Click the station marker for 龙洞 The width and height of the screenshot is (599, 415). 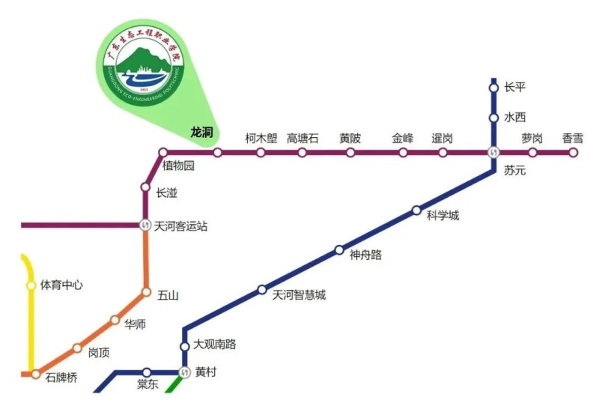[x=218, y=153]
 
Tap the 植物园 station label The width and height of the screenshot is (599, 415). [x=178, y=166]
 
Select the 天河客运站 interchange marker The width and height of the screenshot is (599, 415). [x=146, y=225]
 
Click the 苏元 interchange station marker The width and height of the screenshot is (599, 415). [x=493, y=153]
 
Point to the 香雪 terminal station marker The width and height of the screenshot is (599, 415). [x=574, y=153]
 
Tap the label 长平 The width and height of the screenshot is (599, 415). [x=515, y=88]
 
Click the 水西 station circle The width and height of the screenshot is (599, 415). [x=493, y=118]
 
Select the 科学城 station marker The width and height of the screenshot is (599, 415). [x=417, y=210]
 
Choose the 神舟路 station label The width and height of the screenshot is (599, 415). [x=365, y=255]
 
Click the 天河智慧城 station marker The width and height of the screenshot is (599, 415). [x=262, y=289]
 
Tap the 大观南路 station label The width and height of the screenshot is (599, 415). [x=215, y=345]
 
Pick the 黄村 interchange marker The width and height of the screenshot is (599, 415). [x=185, y=372]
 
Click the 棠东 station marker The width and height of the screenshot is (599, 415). [x=147, y=372]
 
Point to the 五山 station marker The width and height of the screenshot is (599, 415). [x=147, y=292]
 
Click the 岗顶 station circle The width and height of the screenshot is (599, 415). [x=77, y=348]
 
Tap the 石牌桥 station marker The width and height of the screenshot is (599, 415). [x=35, y=374]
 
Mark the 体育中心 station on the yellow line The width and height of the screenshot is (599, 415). [x=31, y=285]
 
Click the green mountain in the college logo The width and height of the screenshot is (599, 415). [x=143, y=59]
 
